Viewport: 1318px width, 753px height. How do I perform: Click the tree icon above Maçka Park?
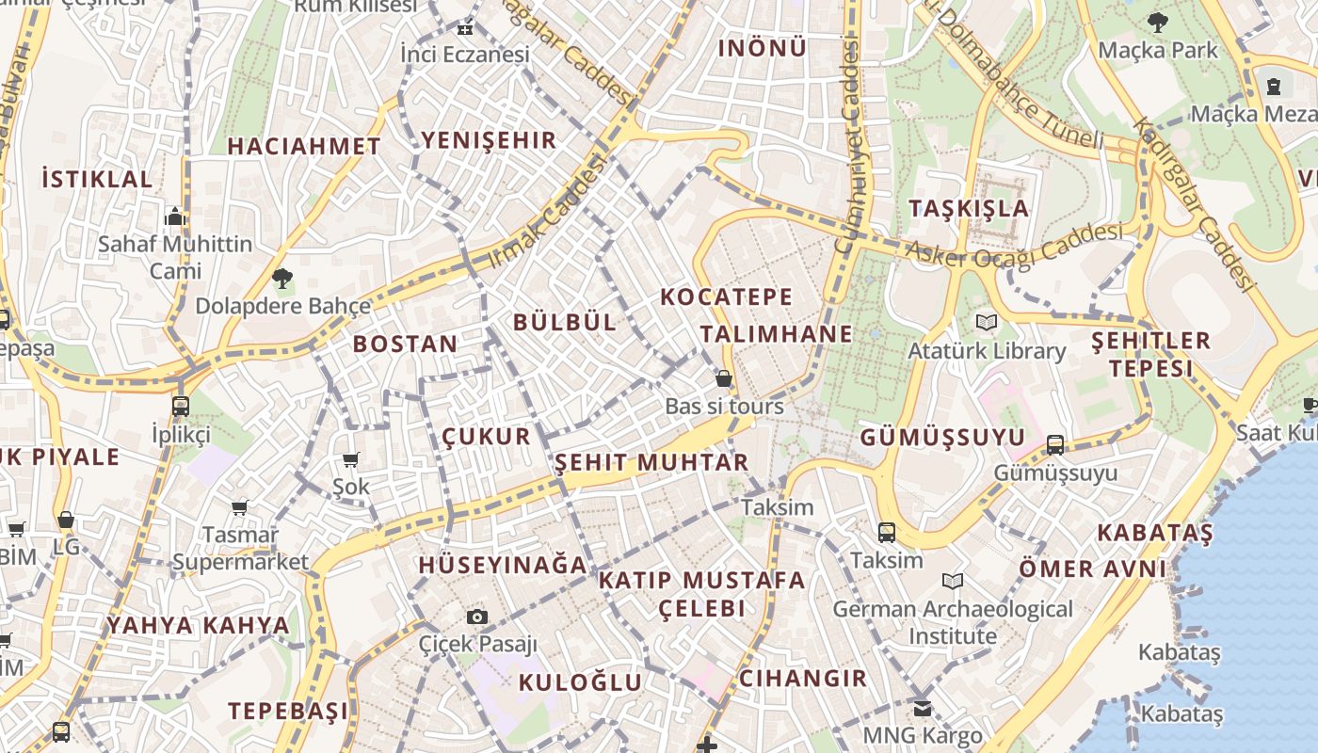click(x=1157, y=22)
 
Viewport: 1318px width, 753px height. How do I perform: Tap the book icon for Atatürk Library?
click(x=986, y=323)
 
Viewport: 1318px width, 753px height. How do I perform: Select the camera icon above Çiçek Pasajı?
click(x=477, y=617)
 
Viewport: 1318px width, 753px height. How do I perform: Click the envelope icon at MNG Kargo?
click(x=923, y=708)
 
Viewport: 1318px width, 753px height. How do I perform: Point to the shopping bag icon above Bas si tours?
click(x=724, y=378)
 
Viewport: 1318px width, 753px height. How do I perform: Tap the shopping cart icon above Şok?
click(x=351, y=459)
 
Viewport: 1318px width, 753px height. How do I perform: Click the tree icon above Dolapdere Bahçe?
click(x=281, y=278)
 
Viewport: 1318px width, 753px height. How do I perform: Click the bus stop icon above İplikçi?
click(x=181, y=407)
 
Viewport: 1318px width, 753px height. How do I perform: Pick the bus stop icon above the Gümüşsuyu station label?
click(x=1055, y=445)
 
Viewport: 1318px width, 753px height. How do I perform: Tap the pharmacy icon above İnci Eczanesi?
click(x=464, y=27)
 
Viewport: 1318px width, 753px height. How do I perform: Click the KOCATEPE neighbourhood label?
click(x=726, y=297)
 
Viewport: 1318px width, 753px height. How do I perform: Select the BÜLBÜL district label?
click(x=565, y=322)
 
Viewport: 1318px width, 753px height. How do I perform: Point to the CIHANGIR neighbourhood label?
click(x=802, y=679)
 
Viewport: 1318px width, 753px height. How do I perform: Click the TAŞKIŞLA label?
click(x=969, y=208)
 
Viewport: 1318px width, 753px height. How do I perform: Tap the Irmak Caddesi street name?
click(x=547, y=212)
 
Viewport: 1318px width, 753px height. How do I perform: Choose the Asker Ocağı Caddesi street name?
click(x=1014, y=244)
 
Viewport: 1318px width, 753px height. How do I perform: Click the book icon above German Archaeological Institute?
click(x=953, y=581)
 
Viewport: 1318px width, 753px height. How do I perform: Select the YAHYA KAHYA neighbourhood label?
click(x=198, y=626)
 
